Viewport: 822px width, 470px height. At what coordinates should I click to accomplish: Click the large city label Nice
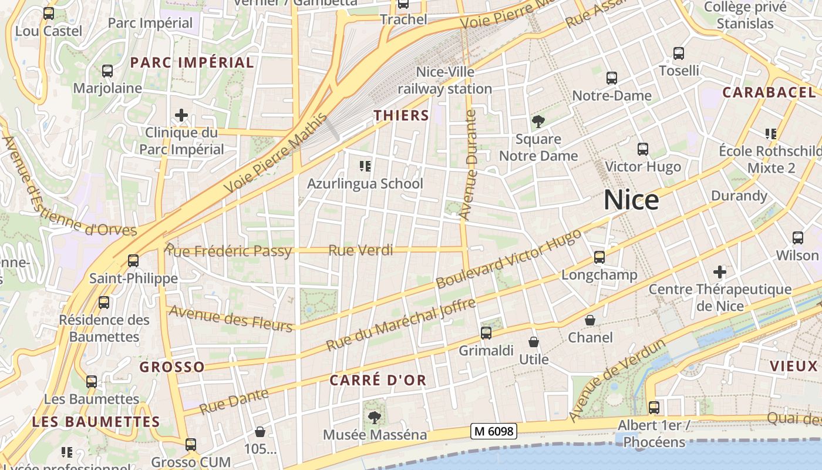(x=631, y=200)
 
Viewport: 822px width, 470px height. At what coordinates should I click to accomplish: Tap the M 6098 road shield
(x=493, y=431)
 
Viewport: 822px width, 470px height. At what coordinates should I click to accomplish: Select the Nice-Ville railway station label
(x=445, y=80)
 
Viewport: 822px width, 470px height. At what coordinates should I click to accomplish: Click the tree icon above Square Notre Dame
(x=538, y=122)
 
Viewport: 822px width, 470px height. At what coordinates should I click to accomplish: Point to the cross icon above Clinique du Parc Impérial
(x=181, y=115)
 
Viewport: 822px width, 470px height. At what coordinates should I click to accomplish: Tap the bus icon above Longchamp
(x=599, y=257)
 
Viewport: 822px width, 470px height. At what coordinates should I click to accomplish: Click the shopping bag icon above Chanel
(x=590, y=320)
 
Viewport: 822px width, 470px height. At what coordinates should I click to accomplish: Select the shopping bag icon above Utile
(x=534, y=342)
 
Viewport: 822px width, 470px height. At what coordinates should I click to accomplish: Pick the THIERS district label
(x=402, y=115)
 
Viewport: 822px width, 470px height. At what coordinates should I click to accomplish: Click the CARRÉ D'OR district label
(x=378, y=380)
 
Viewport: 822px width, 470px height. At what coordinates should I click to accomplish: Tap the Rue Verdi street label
(x=361, y=250)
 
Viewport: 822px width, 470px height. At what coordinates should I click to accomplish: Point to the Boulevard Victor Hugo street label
(x=508, y=258)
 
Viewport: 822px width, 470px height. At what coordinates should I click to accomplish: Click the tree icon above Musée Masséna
(x=373, y=418)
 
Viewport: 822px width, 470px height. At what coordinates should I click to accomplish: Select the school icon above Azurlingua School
(x=365, y=167)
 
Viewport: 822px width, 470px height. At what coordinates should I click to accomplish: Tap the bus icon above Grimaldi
(x=486, y=333)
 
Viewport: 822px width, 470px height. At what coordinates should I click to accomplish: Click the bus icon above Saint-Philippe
(x=133, y=261)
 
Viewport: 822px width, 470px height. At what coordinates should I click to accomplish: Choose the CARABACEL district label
(x=769, y=92)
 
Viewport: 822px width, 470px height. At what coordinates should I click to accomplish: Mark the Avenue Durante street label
(x=469, y=166)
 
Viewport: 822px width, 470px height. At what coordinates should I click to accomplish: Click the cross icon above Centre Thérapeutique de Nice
(x=720, y=272)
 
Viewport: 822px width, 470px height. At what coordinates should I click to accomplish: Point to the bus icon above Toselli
(x=679, y=53)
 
